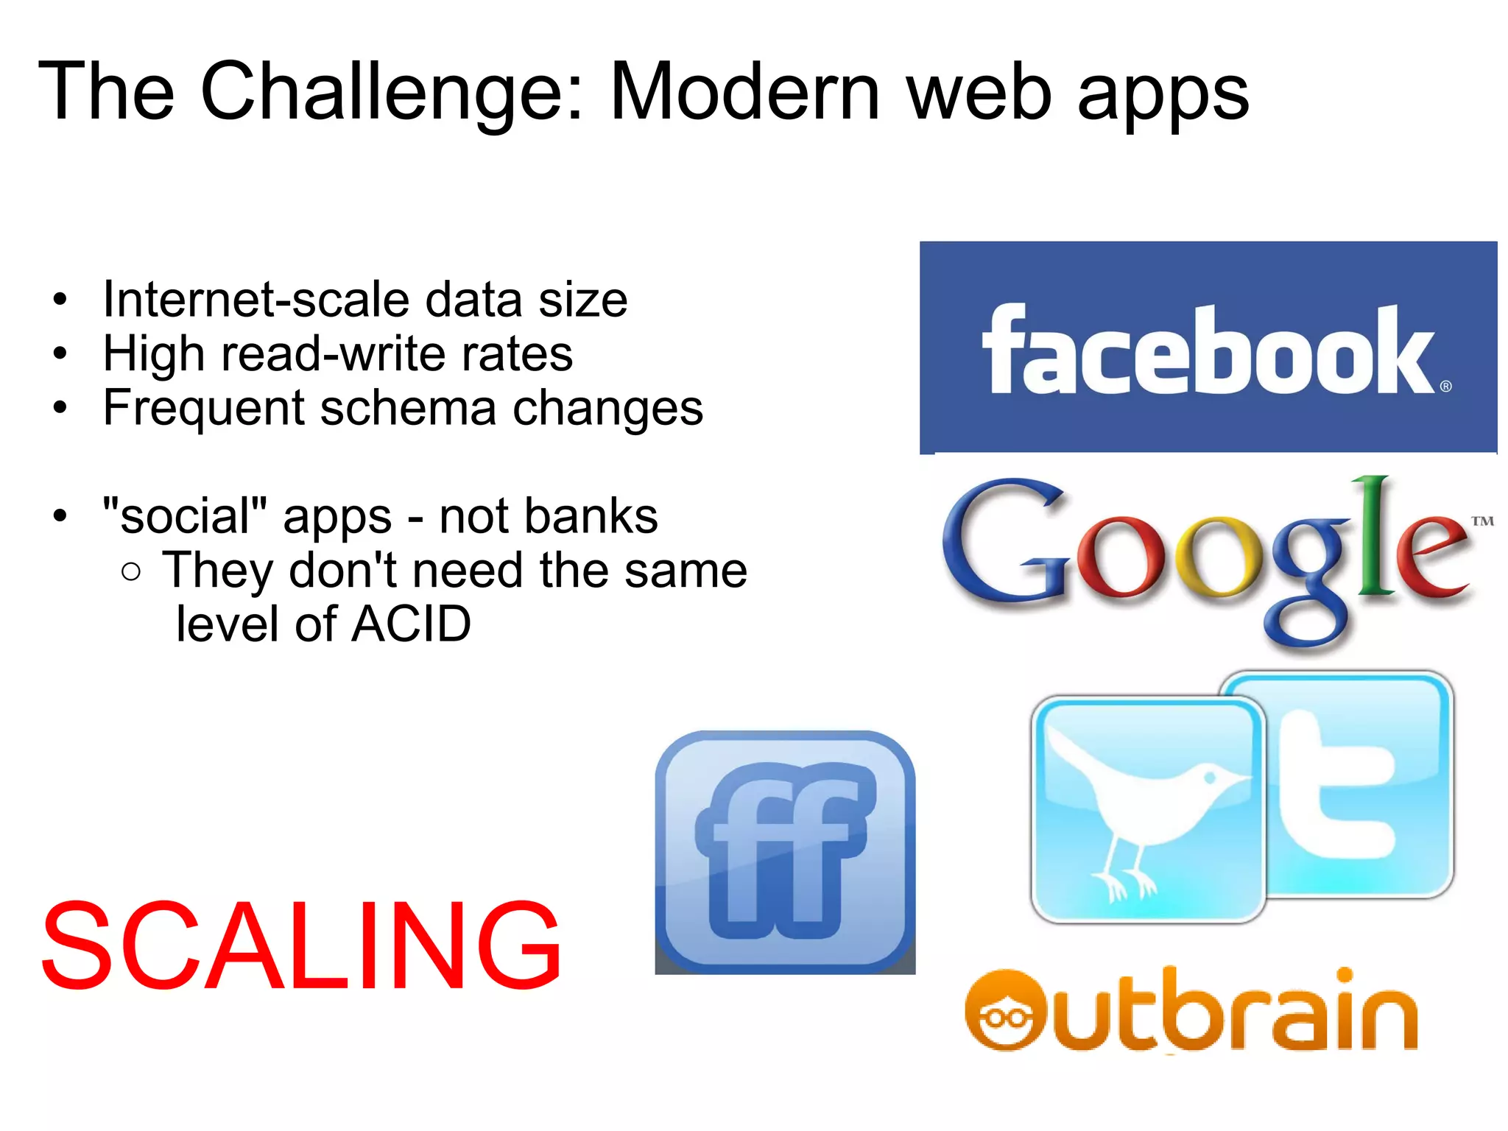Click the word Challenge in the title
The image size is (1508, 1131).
click(x=390, y=92)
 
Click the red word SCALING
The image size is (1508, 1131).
click(x=302, y=946)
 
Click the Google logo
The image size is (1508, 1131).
click(x=1208, y=560)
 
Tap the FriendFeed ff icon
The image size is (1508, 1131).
click(x=785, y=852)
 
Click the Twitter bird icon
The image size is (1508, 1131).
click(x=1147, y=808)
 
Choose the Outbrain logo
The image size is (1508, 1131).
click(x=1191, y=1010)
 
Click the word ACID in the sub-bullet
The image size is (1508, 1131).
click(x=412, y=624)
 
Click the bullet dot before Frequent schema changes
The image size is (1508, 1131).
click(x=60, y=407)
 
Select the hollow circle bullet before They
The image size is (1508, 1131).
click(x=131, y=571)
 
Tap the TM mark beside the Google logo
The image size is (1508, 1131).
click(x=1482, y=521)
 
